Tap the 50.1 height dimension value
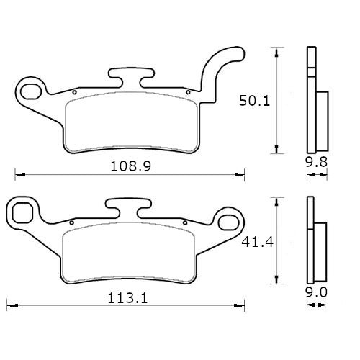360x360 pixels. pyautogui.click(x=255, y=102)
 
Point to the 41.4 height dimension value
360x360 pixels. pyautogui.click(x=255, y=243)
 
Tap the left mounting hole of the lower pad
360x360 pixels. pyautogui.click(x=23, y=212)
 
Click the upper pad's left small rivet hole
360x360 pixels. pyautogui.click(x=73, y=93)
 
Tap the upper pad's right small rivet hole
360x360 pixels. pyautogui.click(x=187, y=92)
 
